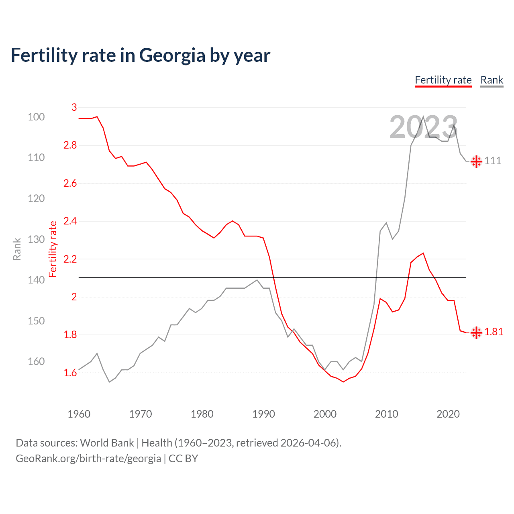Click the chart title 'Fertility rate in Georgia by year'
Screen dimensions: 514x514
tap(141, 55)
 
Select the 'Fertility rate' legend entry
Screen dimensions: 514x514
tap(443, 80)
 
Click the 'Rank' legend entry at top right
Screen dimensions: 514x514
tap(492, 80)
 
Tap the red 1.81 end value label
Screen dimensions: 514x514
tap(494, 332)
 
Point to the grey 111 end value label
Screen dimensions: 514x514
tap(493, 161)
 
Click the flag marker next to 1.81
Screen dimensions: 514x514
tap(476, 332)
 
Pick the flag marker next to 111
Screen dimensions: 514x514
tap(476, 161)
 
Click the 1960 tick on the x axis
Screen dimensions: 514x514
tap(79, 414)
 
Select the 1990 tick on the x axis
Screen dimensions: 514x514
tap(263, 414)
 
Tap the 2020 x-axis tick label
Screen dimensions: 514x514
tap(448, 414)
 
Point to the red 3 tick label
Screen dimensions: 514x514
tap(74, 107)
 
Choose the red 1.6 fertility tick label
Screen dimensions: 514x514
tap(70, 373)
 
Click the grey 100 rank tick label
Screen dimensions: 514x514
tap(36, 117)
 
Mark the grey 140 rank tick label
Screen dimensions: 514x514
tap(36, 280)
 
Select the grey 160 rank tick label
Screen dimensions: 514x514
tap(36, 361)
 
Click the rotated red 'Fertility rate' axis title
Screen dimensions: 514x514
tap(53, 249)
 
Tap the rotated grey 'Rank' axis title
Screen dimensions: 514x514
tap(17, 249)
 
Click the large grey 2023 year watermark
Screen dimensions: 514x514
tap(423, 127)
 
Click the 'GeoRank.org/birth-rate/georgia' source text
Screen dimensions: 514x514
tap(88, 459)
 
